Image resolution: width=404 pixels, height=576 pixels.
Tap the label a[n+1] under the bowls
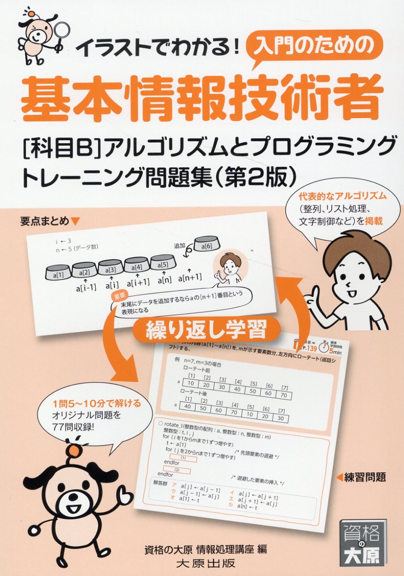pos(190,277)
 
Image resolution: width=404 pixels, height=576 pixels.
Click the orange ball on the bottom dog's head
pos(73,451)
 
